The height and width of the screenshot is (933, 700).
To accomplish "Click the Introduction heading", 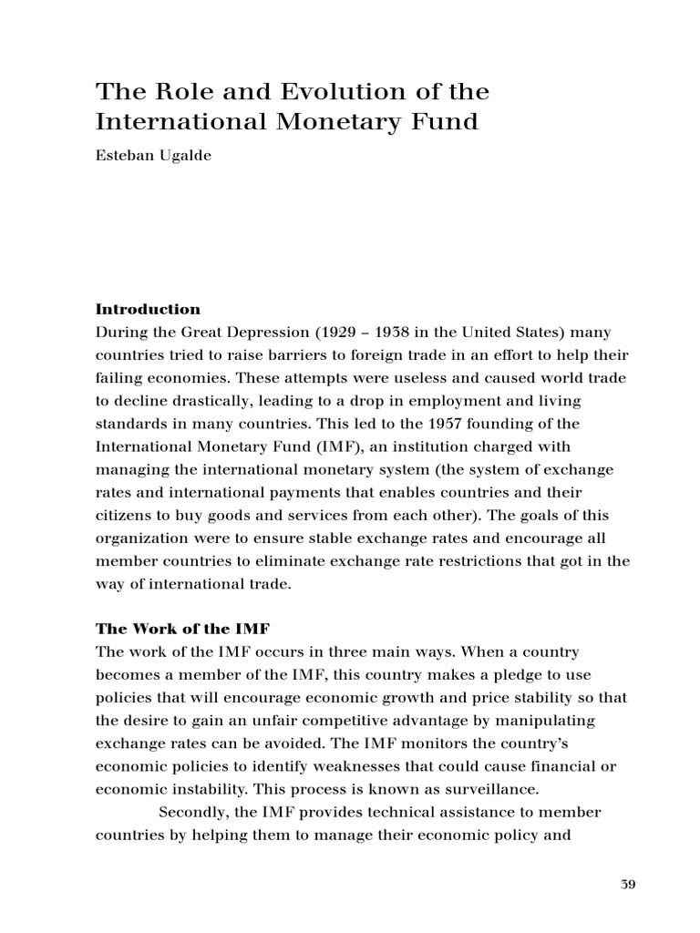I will [149, 309].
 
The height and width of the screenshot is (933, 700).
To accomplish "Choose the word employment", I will [441, 401].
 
